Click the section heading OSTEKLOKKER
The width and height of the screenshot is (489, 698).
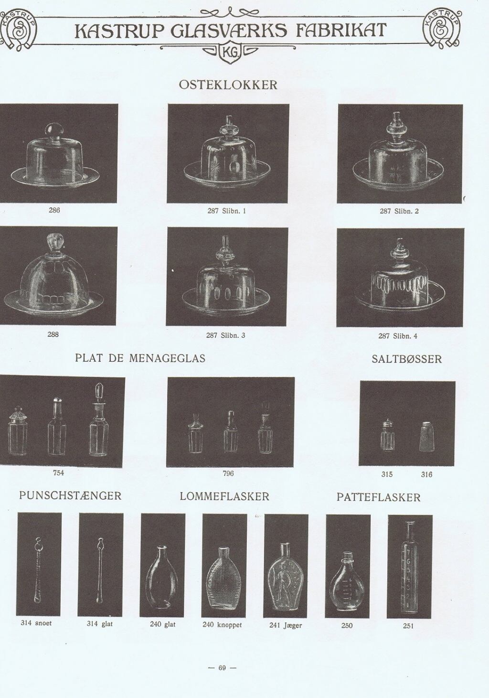point(228,85)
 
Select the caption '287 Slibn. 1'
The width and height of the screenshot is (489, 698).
point(227,211)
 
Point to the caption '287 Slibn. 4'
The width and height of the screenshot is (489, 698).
point(398,336)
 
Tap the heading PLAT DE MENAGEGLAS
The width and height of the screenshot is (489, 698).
point(140,358)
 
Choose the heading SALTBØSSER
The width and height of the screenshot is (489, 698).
point(407,359)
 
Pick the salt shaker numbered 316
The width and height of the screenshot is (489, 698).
point(427,436)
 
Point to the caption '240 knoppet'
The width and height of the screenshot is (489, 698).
point(222,625)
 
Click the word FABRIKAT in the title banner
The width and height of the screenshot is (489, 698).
point(341,31)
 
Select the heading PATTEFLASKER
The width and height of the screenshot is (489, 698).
point(378,497)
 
